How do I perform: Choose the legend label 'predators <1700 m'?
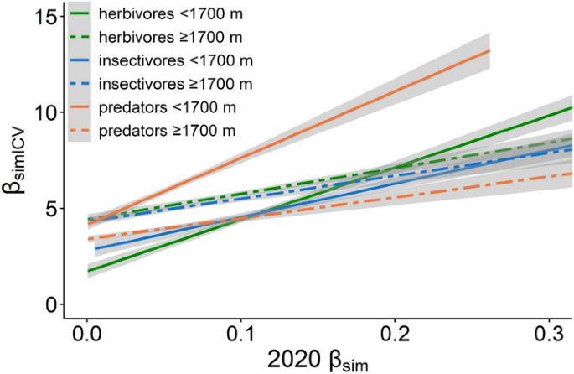point(167,107)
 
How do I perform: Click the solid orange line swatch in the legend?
point(80,107)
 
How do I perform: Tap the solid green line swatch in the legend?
point(80,14)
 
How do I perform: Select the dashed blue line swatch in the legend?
point(80,84)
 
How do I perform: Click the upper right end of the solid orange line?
point(489,51)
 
